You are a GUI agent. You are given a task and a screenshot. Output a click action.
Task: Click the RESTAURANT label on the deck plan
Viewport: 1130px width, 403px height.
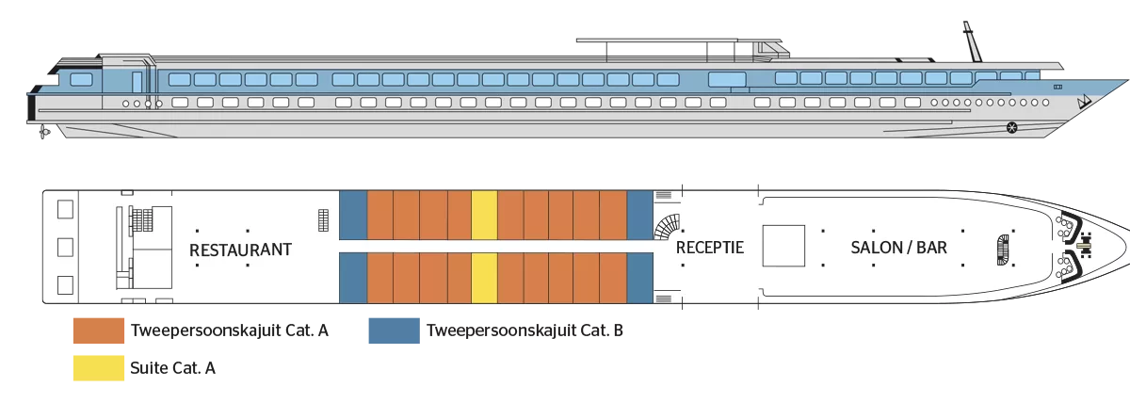pos(241,250)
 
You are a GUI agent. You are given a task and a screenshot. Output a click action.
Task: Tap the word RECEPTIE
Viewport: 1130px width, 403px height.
pos(709,249)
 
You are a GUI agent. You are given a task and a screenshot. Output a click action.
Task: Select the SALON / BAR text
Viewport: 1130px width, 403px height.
pos(898,249)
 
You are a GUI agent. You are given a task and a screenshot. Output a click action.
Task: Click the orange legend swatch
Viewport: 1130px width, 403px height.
pos(97,331)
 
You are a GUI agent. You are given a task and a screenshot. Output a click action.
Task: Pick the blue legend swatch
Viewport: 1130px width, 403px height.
pos(391,331)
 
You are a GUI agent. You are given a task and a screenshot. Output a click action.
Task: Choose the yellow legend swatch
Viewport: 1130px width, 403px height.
pos(97,369)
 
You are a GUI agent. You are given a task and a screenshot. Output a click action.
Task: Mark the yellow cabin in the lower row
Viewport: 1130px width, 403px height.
pos(484,279)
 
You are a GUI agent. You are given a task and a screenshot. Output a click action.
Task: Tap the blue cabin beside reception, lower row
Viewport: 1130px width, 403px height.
pos(639,279)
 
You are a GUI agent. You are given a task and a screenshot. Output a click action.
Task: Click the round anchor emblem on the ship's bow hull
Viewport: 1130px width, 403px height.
pos(1011,127)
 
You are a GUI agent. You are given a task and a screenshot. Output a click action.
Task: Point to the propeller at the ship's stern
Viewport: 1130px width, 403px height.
pos(40,136)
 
